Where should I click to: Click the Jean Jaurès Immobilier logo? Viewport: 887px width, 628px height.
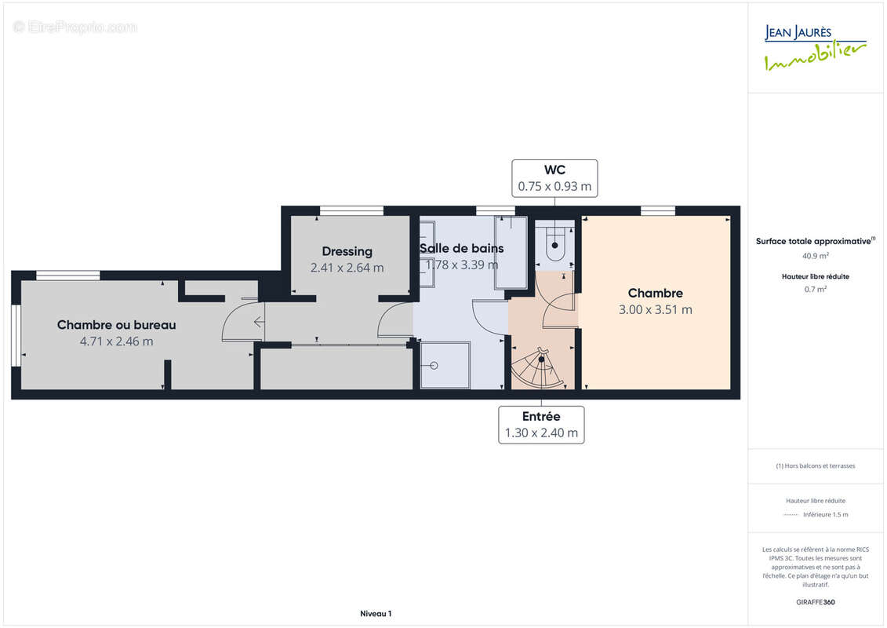(x=815, y=48)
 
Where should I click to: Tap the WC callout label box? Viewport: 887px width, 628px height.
(x=554, y=178)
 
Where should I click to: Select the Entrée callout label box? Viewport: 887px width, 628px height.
(x=541, y=425)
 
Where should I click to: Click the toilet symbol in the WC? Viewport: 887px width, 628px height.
(x=555, y=243)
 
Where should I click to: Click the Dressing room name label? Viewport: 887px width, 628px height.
(x=347, y=251)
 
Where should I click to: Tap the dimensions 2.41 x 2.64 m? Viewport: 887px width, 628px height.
(x=347, y=268)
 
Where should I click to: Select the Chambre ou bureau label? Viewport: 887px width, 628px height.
(x=117, y=324)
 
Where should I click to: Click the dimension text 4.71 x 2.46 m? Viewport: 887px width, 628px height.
(x=117, y=341)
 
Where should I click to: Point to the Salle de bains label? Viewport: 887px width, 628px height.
(x=462, y=248)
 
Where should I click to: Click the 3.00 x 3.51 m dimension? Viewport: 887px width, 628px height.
(x=656, y=310)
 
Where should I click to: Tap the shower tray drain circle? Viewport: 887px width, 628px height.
(x=434, y=366)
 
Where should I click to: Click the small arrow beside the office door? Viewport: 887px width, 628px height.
(x=259, y=322)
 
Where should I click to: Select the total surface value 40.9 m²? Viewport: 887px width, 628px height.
(x=815, y=256)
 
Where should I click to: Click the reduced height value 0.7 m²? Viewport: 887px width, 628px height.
(x=815, y=290)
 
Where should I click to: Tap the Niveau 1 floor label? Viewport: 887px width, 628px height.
(x=376, y=614)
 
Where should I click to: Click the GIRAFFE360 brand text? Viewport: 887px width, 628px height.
(x=815, y=602)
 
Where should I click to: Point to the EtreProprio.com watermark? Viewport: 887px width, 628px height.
(x=75, y=27)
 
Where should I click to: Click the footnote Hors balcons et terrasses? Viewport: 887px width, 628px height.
(x=815, y=466)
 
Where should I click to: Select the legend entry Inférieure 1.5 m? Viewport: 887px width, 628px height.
(x=825, y=515)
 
